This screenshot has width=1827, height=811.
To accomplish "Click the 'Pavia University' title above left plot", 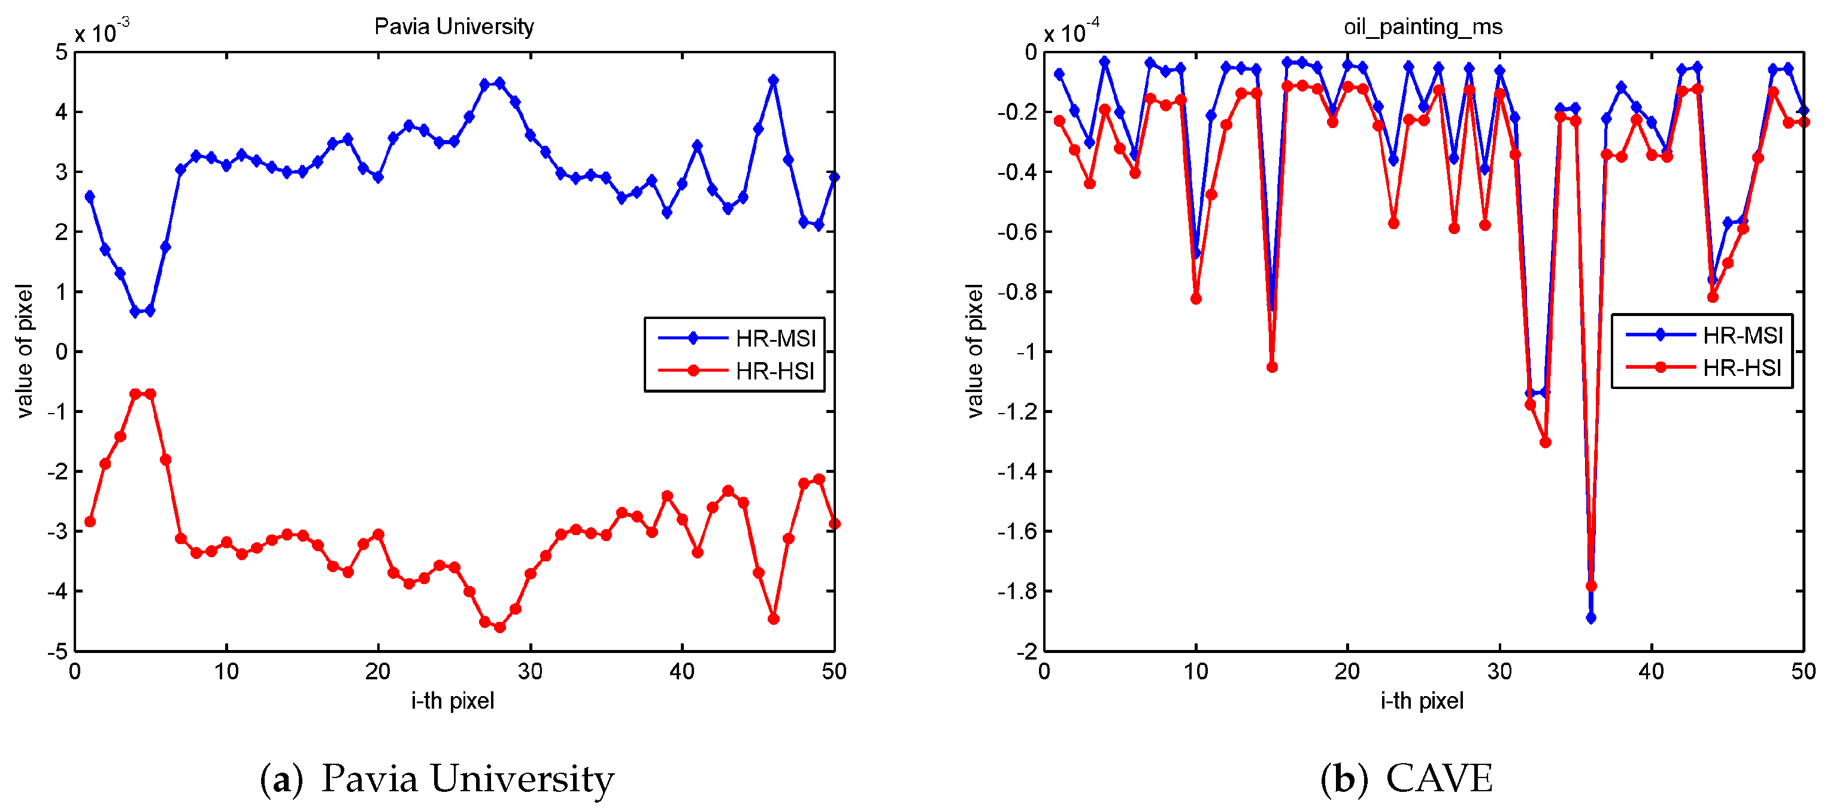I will click(454, 27).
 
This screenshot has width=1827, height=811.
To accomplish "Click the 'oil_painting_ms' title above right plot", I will click(1423, 27).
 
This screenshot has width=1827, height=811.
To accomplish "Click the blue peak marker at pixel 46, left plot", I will click(773, 81).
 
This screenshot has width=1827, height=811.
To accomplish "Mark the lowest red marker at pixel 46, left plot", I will click(773, 619).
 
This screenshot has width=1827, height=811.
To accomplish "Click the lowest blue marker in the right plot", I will click(1591, 618).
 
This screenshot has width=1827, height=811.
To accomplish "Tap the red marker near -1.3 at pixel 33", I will click(1546, 442).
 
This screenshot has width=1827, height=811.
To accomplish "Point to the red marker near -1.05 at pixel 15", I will click(1272, 367).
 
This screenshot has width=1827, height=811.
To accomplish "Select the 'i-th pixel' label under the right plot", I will click(1422, 701).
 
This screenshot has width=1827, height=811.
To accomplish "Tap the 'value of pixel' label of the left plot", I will click(24, 351).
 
